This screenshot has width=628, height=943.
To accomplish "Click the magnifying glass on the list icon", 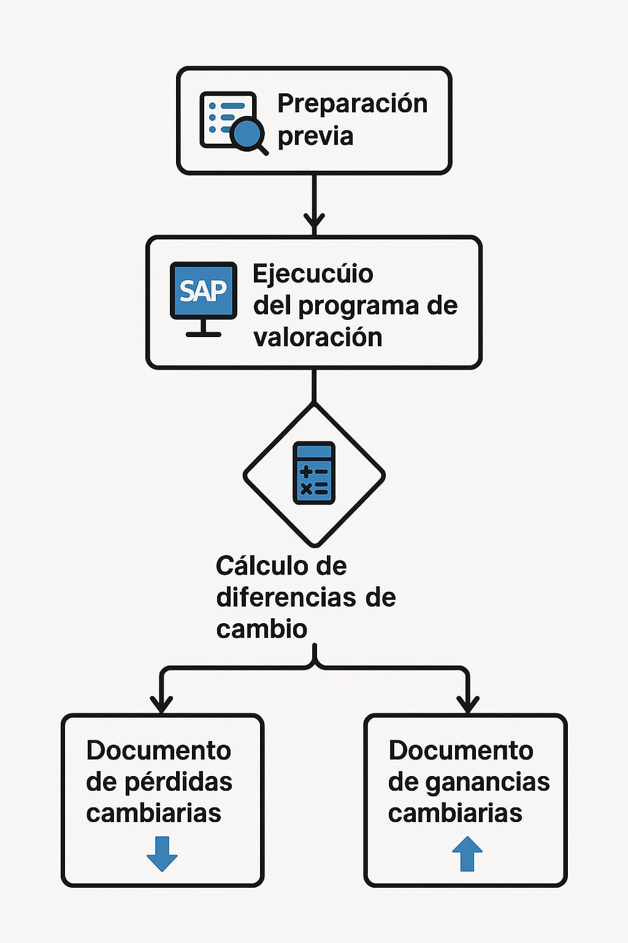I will point(248,134).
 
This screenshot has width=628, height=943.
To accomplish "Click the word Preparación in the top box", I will point(352,104).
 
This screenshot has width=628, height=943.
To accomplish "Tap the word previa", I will point(315,136).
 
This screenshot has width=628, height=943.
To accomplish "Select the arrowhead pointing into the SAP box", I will point(314,222).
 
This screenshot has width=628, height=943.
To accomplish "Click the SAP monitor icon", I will point(203,291).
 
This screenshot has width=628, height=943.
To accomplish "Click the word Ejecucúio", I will point(313,274).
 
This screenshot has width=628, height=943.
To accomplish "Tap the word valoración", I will point(318,338).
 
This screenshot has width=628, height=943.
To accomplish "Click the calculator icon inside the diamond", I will point(314,473).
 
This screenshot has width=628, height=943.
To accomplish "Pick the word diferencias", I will point(286,597).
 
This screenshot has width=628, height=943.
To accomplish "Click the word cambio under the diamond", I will point(261,629).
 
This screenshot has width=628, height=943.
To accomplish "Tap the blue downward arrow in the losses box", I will point(162,853).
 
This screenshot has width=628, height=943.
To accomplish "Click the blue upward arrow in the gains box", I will point(467,853).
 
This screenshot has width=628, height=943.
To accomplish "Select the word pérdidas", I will point(178,782).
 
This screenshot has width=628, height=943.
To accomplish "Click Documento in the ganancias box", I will point(461,750).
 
